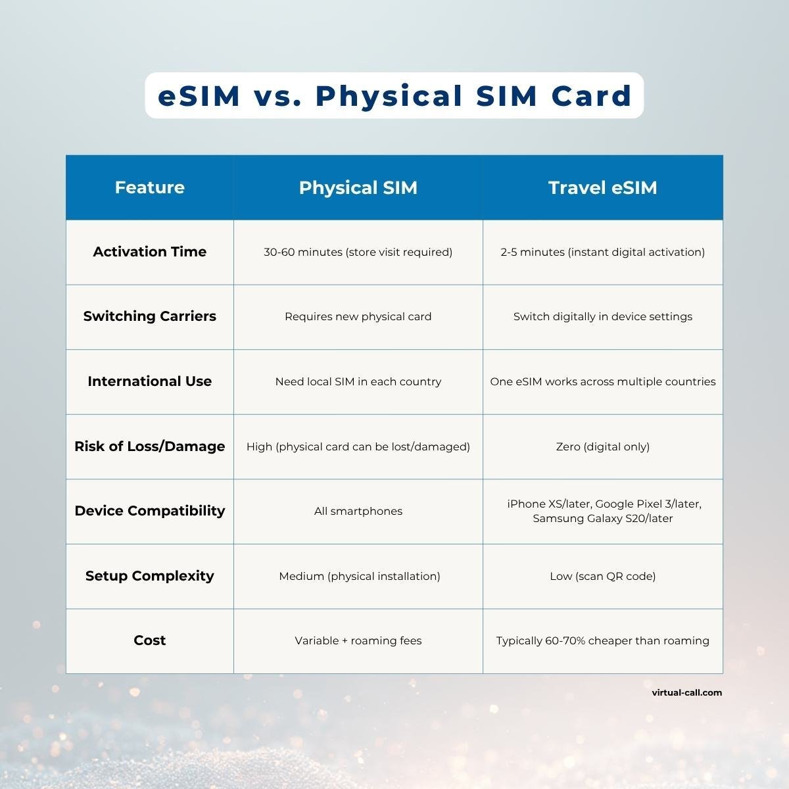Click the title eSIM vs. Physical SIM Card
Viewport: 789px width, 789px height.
pos(394,96)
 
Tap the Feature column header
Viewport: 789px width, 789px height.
pos(149,187)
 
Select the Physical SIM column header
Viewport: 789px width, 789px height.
pos(358,187)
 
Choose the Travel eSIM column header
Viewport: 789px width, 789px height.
pos(602,187)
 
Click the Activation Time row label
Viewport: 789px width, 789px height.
pos(149,252)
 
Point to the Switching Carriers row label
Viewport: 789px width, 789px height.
pos(149,316)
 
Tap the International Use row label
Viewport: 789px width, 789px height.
pos(149,381)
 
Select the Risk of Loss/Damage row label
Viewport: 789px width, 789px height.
pos(149,446)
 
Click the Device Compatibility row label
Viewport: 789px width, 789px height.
pos(149,511)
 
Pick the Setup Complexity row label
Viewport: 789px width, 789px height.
pos(149,576)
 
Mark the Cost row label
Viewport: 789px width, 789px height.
pos(149,640)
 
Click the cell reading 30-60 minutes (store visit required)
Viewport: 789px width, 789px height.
pos(358,252)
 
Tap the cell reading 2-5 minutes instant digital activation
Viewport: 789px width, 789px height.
pos(602,252)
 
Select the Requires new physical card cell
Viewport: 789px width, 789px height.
pos(358,316)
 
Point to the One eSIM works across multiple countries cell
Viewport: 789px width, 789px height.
pos(602,381)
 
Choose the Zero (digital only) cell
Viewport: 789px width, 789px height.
pos(602,446)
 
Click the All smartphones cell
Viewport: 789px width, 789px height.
pos(358,511)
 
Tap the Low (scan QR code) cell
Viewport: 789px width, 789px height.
pos(602,576)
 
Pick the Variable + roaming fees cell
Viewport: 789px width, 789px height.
pos(358,640)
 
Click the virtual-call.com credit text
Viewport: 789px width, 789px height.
pos(686,692)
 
